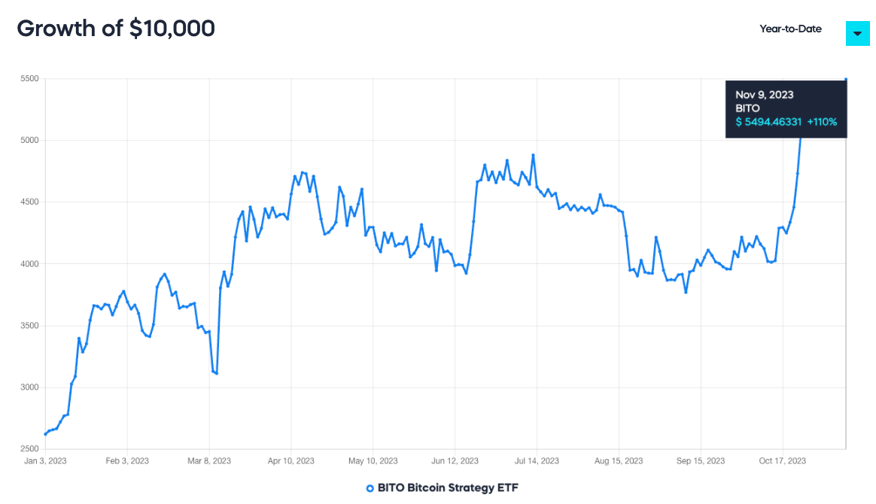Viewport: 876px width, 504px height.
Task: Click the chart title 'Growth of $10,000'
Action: click(x=116, y=29)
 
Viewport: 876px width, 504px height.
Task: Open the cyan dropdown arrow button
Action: click(x=857, y=33)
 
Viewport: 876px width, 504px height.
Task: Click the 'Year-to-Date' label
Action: click(x=790, y=29)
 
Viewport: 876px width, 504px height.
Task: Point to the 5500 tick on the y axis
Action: click(x=31, y=79)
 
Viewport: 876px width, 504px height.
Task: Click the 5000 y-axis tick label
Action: click(x=31, y=141)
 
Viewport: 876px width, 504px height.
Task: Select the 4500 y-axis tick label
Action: click(x=31, y=202)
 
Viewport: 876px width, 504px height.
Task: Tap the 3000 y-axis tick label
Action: click(x=31, y=387)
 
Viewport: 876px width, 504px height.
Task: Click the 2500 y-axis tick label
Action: click(x=31, y=449)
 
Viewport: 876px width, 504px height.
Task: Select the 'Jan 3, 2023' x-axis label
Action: click(x=45, y=460)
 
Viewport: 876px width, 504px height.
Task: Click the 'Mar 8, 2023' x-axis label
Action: click(x=209, y=460)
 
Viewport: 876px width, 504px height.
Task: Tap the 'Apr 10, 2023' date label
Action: click(x=290, y=460)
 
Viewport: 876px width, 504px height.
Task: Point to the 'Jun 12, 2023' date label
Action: click(x=455, y=460)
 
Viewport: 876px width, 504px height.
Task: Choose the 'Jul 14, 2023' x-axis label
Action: click(x=537, y=460)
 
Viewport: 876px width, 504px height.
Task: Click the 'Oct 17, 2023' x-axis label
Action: click(x=783, y=460)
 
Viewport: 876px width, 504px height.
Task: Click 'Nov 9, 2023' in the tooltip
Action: click(x=765, y=95)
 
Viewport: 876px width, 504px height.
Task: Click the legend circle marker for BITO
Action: click(x=370, y=488)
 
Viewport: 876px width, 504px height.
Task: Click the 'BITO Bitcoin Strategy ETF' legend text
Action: click(x=448, y=487)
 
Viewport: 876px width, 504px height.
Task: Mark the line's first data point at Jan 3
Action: click(x=45, y=434)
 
